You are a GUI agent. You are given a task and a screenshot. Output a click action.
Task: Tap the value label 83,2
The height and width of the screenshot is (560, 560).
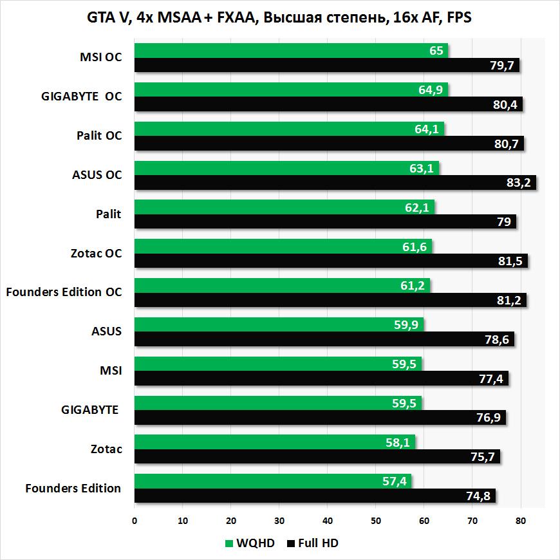coord(518,183)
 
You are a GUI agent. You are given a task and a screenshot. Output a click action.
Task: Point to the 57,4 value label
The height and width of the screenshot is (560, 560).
coord(393,481)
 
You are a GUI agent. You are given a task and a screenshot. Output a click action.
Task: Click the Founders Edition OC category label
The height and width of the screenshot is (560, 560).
coord(64,292)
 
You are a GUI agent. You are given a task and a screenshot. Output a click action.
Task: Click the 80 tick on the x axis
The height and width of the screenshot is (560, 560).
coord(521,521)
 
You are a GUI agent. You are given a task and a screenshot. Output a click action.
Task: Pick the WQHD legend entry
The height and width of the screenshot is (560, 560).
coord(249,543)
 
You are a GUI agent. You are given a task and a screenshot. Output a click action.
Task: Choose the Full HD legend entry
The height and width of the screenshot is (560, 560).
coord(313,543)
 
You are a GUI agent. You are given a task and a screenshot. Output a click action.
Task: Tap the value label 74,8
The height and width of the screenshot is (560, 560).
coord(478,496)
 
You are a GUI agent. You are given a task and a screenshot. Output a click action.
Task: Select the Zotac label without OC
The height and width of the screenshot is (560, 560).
coord(107,449)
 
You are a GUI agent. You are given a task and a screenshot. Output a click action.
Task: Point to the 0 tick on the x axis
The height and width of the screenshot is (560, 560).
coord(135,521)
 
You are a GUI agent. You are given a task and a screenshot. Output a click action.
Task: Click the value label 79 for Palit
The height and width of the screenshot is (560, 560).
coord(503,222)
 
